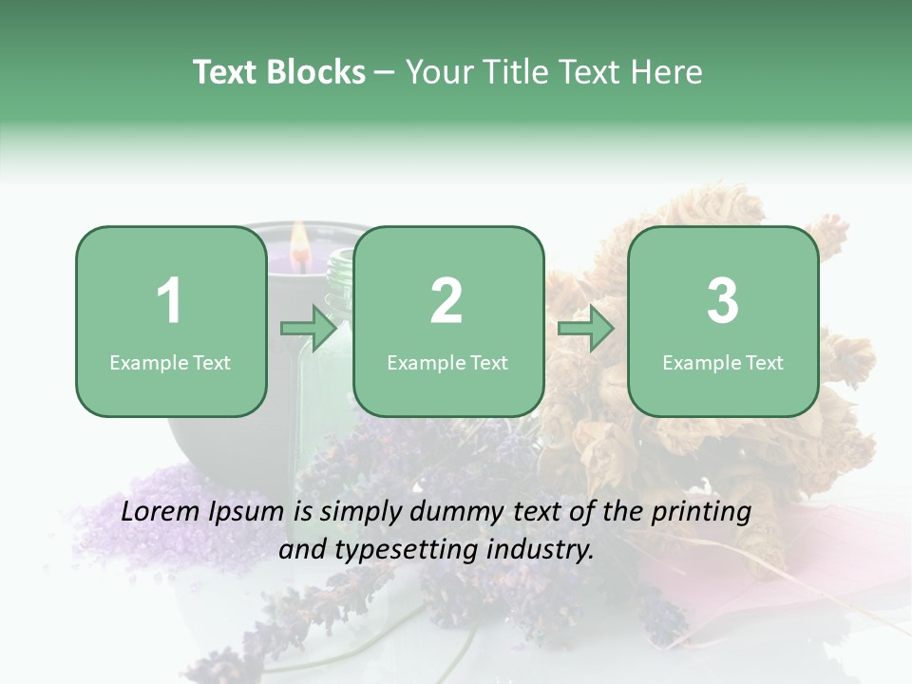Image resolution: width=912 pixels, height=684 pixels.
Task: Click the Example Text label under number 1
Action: coord(170,362)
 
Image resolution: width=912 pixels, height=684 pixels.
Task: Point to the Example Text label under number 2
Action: coord(447,362)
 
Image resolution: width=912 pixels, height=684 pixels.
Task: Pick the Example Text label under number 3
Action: coord(723,362)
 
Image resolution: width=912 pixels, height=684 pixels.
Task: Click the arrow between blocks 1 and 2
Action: coord(309,329)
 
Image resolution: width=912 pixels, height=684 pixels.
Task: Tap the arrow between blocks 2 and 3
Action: coord(586,329)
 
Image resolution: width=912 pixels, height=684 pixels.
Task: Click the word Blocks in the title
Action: coord(316,72)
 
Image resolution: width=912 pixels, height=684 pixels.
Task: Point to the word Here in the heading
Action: coord(665,72)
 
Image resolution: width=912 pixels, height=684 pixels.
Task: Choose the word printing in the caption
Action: coord(700,513)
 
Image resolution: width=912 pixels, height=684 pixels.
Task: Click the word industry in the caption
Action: coord(541,549)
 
